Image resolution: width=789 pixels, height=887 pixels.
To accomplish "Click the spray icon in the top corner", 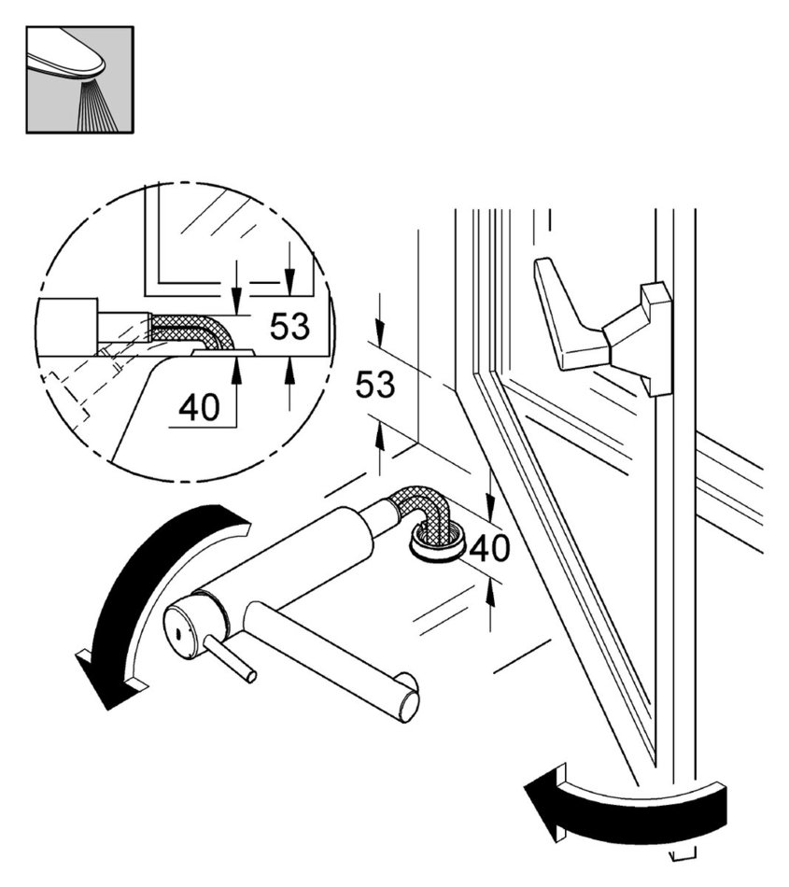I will [79, 78].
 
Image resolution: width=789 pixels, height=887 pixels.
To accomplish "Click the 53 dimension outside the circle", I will [375, 385].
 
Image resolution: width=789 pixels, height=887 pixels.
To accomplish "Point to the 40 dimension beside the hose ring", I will [489, 549].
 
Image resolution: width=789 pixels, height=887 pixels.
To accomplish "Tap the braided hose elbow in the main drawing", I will [425, 510].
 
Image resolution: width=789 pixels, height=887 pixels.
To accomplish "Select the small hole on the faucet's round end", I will [175, 634].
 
